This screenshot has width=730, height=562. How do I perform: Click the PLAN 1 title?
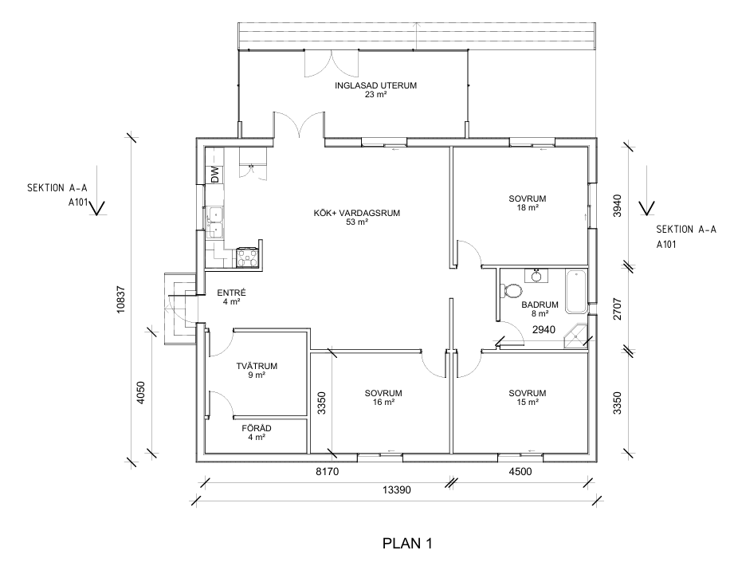click(407, 544)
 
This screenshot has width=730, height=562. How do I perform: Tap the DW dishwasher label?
click(214, 175)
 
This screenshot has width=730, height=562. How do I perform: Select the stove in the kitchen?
click(247, 257)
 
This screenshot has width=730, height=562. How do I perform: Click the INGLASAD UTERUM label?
click(376, 89)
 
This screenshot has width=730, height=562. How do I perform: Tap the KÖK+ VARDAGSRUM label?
click(356, 218)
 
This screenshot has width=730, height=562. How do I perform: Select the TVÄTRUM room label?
click(257, 371)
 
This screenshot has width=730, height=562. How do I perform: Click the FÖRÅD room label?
click(257, 431)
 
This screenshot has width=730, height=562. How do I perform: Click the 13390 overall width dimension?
click(395, 490)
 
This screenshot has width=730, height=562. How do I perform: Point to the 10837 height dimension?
click(120, 297)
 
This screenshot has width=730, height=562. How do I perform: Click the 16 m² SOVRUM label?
click(383, 398)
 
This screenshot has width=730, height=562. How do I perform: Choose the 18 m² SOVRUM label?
click(528, 202)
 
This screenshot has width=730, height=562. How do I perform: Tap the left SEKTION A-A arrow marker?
click(97, 209)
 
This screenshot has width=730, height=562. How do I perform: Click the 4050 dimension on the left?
click(140, 394)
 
